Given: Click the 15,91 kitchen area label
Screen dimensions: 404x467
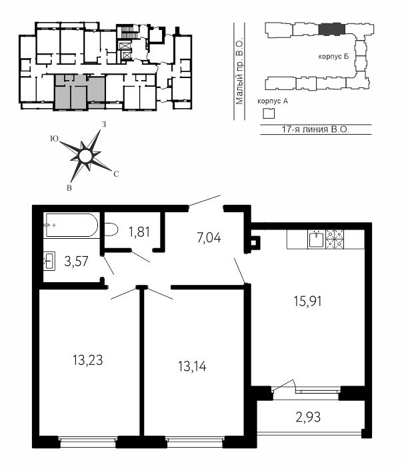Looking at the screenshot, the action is point(307,302).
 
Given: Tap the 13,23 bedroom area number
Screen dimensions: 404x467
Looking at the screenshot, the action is point(88,360).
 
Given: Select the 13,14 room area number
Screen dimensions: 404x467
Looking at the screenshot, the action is point(192,366).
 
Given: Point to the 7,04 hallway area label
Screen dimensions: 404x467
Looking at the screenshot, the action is point(209,238).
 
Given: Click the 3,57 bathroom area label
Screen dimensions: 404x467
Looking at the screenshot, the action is point(76,262).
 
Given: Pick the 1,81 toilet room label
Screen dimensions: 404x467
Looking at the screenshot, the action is point(139,231).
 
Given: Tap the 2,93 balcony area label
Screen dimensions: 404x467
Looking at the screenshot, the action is point(308,417).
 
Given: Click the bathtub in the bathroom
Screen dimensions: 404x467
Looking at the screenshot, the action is point(71,225).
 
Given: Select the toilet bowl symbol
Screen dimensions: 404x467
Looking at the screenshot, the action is point(111,229).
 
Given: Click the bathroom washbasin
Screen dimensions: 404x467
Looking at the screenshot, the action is point(49,261).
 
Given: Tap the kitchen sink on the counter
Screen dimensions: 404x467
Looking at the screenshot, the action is point(316,239).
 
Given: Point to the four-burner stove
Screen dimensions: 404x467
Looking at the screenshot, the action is point(335,239).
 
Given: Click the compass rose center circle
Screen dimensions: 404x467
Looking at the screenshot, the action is point(85,155).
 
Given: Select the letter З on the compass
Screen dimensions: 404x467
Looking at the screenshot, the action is point(104,124).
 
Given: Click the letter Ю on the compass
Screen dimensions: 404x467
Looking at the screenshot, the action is point(54,139).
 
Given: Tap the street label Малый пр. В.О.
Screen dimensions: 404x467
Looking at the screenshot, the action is point(239,72).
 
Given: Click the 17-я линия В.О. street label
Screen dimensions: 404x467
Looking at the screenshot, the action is point(315,129).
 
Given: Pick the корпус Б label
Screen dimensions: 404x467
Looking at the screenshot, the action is point(333,56).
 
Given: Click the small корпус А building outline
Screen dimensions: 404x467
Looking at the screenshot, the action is point(269,113).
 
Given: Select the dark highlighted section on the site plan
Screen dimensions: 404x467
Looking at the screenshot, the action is point(331,29).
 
